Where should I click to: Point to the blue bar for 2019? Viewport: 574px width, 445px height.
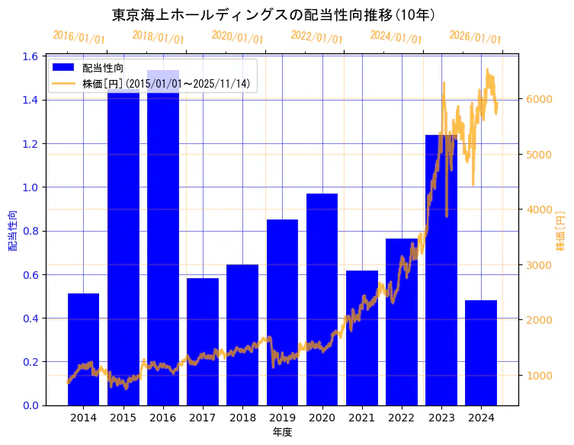point(282,312)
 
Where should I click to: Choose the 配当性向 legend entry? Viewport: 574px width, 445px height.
point(102,68)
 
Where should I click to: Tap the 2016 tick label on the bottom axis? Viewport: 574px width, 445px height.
point(163,418)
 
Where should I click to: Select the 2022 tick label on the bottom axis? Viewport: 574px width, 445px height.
point(402,418)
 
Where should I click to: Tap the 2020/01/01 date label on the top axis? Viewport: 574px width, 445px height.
point(237,37)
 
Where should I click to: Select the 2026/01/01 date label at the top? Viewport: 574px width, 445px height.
point(475,37)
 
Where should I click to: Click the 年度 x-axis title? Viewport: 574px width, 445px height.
point(282,432)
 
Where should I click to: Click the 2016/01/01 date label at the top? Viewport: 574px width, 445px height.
point(79,37)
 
